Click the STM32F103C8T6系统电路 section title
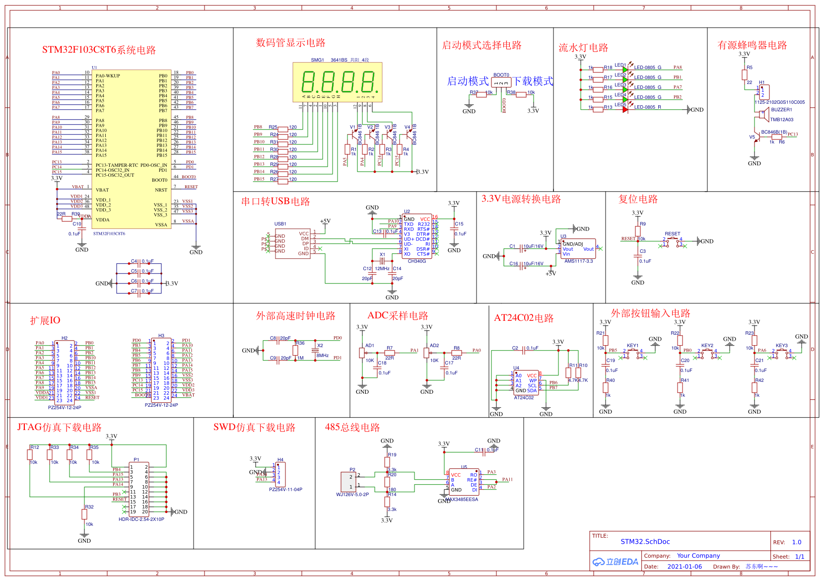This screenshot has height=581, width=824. pos(99,50)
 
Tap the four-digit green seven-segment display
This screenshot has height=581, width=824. pos(338,82)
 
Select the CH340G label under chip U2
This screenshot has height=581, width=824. pos(416,261)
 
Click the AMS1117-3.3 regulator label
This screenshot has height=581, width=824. pos(578,261)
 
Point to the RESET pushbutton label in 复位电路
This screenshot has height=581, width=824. pos(672,234)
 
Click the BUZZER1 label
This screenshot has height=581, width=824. pos(781,110)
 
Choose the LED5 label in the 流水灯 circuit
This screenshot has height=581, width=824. pos(620,105)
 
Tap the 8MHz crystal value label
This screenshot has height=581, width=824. pos(322,356)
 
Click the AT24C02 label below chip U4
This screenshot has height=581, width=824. pos(524,398)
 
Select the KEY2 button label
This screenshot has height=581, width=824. pos(707,346)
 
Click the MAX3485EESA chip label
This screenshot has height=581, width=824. pos(462,500)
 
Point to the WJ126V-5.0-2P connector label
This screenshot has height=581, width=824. pos(352,495)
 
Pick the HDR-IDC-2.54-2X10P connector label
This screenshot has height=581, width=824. pos(141,519)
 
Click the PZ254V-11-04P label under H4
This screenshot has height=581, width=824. pos(285,490)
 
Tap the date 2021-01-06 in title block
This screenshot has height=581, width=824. pos(685,567)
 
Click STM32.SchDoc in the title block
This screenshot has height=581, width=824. pos(645,542)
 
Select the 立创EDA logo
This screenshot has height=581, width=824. pos(615,562)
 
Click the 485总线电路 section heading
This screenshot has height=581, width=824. pos(352,428)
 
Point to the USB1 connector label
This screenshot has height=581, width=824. pos(280,224)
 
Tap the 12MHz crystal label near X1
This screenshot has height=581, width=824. pos(382,269)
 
